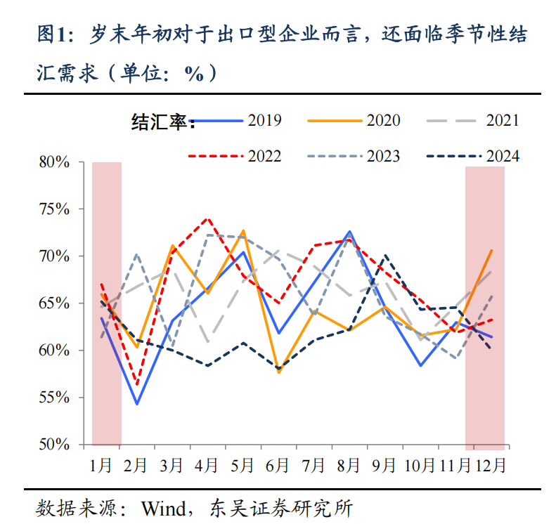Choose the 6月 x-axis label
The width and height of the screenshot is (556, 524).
tap(278, 464)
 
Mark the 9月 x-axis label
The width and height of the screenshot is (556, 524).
tap(384, 464)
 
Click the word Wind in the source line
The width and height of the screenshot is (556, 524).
tap(162, 507)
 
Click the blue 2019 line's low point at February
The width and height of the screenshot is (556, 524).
tap(136, 404)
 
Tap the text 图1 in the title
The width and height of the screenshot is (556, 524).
tap(54, 33)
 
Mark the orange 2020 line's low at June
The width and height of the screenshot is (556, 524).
tap(278, 372)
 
